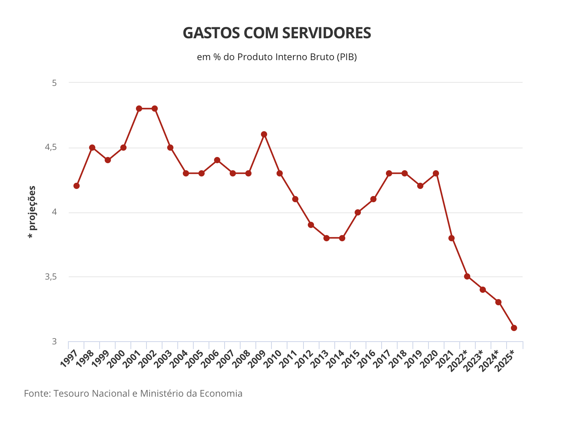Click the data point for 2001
click(139, 109)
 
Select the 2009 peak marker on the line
click(264, 134)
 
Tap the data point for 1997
click(77, 186)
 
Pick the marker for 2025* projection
click(514, 328)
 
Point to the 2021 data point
click(452, 238)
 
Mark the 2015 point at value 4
click(358, 212)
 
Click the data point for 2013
click(327, 238)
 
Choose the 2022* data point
click(467, 276)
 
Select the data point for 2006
click(217, 160)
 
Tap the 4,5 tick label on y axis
click(51, 148)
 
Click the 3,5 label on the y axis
click(51, 277)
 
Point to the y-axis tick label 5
click(55, 83)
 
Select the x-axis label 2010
click(273, 359)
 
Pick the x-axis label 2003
click(163, 359)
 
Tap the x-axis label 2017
click(382, 359)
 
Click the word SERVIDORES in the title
click(327, 33)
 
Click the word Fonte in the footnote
click(37, 393)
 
